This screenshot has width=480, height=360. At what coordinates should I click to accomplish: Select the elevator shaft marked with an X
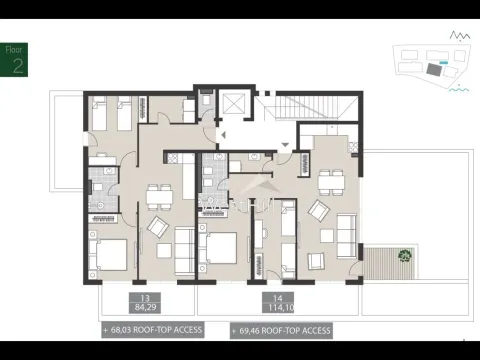pyautogui.click(x=236, y=106)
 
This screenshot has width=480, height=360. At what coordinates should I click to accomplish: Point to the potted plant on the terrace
pyautogui.click(x=403, y=254)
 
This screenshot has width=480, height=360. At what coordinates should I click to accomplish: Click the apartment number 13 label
pyautogui.click(x=145, y=298)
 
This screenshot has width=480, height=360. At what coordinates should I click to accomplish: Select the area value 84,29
pyautogui.click(x=145, y=307)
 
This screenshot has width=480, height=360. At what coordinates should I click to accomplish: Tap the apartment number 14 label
pyautogui.click(x=273, y=298)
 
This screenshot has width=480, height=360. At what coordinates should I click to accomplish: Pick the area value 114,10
pyautogui.click(x=273, y=307)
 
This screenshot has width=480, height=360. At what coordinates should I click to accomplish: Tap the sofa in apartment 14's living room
pyautogui.click(x=344, y=235)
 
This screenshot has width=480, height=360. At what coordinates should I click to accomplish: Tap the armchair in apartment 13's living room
pyautogui.click(x=159, y=227)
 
